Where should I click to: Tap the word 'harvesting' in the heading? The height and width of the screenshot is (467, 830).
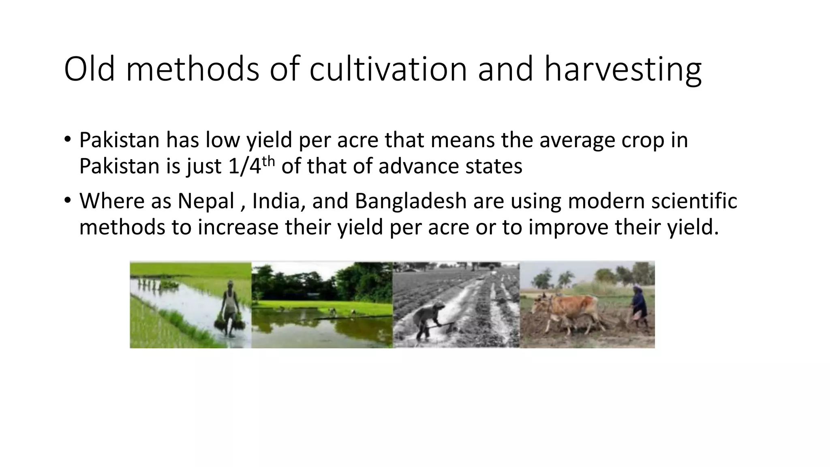click(622, 70)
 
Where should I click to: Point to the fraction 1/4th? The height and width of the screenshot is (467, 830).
click(251, 165)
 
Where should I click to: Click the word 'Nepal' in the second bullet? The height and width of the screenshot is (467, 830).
click(206, 201)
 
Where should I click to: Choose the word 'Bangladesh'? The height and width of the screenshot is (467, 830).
click(411, 201)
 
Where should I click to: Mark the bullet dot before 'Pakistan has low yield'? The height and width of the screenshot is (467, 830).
click(67, 140)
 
